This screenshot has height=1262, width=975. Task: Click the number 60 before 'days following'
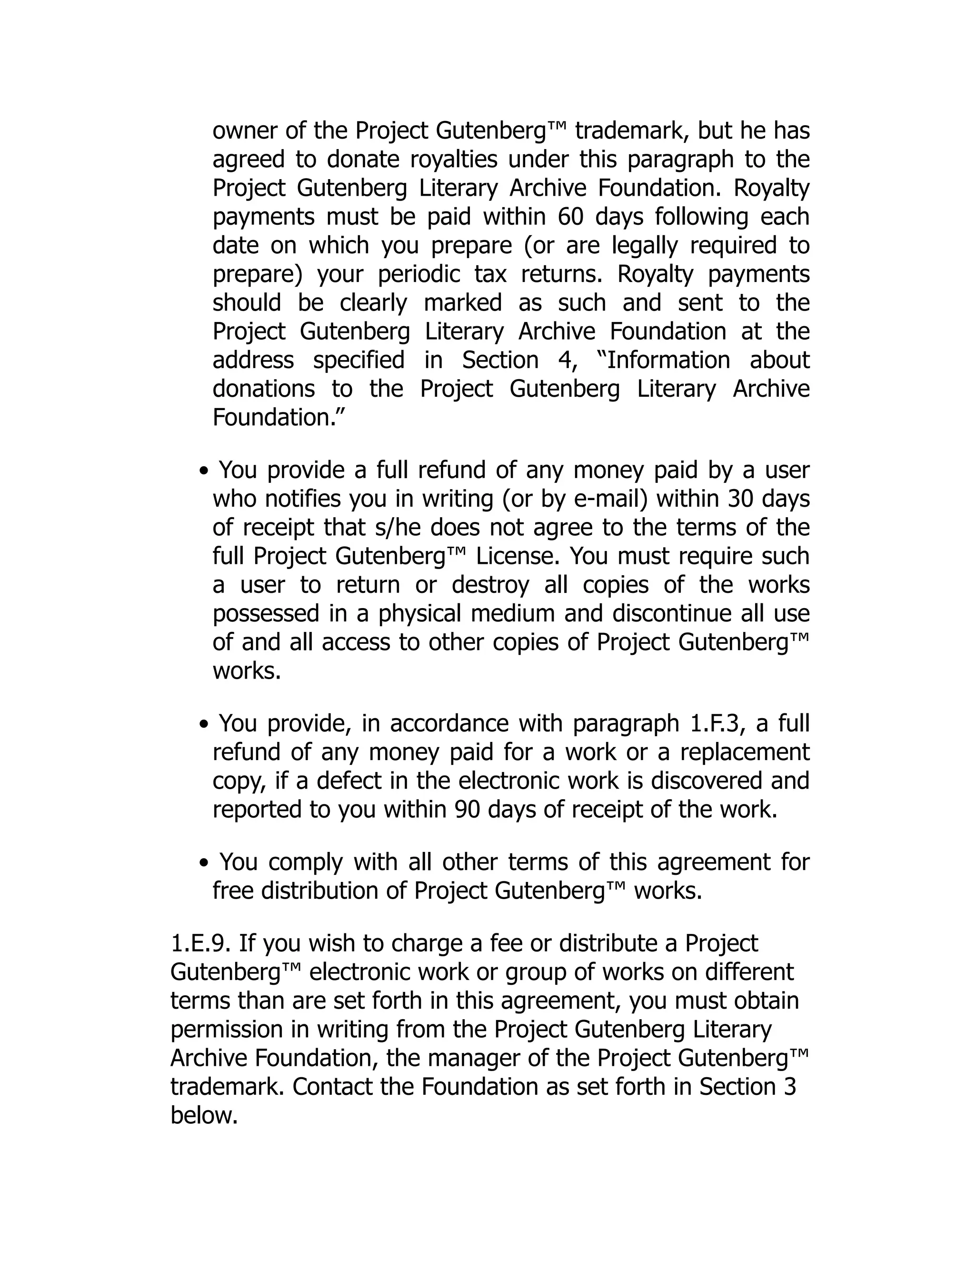click(571, 217)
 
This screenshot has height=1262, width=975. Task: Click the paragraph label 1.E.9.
click(200, 943)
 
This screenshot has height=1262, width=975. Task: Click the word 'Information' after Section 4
click(668, 360)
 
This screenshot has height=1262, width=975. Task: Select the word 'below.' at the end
click(204, 1115)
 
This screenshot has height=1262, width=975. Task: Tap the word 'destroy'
click(490, 585)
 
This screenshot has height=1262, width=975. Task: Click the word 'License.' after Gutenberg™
click(517, 556)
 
